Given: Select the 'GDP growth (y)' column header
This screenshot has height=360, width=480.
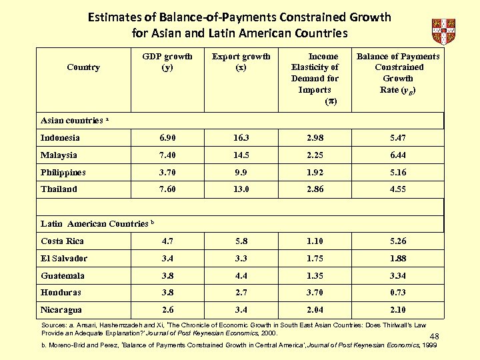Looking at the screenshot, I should tap(167, 62).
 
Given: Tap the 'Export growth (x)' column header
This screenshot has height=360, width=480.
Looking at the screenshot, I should tap(241, 62).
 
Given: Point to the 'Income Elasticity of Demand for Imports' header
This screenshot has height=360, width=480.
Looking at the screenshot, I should tap(315, 79).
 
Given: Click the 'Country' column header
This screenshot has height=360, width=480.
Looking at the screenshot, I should tap(83, 67).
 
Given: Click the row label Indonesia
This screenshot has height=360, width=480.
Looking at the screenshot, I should tap(60, 138).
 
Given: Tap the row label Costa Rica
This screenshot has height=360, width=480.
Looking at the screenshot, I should tap(62, 241).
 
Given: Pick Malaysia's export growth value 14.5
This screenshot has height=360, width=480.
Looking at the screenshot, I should tap(241, 155).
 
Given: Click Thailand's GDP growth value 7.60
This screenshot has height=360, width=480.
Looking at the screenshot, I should tap(167, 189).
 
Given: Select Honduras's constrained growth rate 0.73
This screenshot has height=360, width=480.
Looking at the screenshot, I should tap(398, 293).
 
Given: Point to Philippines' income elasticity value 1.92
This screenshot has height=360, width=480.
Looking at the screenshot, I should tap(315, 173).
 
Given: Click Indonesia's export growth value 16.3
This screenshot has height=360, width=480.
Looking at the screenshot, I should tap(241, 138).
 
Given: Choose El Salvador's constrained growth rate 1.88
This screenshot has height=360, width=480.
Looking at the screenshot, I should tap(398, 259).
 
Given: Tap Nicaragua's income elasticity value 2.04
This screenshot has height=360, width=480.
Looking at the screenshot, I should tap(315, 310).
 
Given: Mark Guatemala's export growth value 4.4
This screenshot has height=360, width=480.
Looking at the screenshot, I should tap(241, 276).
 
